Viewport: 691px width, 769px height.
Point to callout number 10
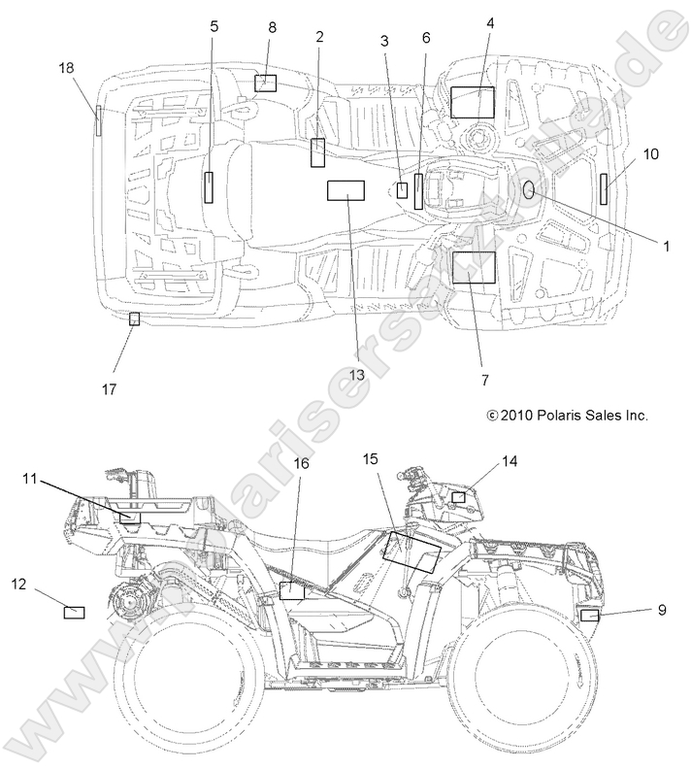[650, 153]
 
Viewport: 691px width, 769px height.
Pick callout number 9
[662, 610]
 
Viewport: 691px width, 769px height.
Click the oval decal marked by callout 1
[529, 189]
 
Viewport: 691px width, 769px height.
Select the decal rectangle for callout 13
[345, 190]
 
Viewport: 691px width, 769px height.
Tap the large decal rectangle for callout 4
[473, 102]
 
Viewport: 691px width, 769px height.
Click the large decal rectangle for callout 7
[474, 266]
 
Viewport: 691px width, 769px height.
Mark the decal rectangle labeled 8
[266, 83]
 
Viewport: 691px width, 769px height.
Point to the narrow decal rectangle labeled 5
[209, 185]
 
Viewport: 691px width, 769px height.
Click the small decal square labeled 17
[135, 318]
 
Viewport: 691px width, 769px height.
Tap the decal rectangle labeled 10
[603, 188]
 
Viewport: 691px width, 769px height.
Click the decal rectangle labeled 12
[74, 612]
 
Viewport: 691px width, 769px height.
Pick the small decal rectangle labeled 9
[588, 616]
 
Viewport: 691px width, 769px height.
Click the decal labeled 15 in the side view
[412, 549]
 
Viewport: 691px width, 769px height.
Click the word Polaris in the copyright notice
[556, 415]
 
